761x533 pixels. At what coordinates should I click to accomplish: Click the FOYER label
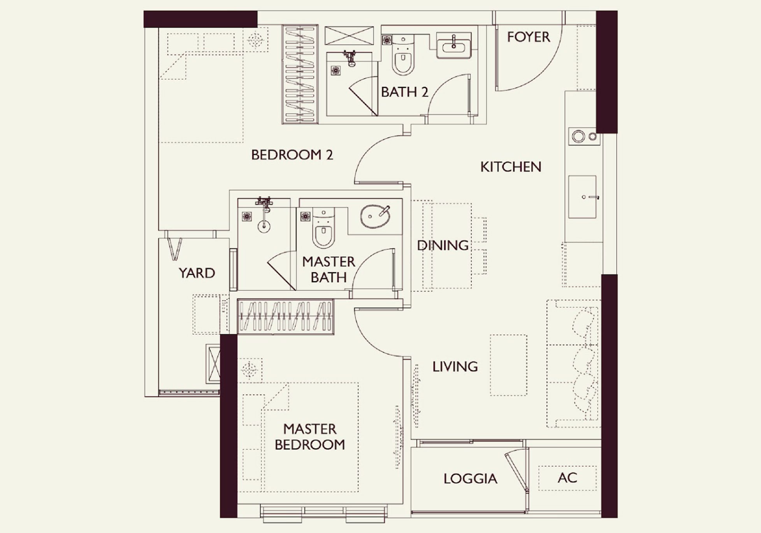(528, 37)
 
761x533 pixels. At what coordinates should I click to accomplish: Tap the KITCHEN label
(511, 167)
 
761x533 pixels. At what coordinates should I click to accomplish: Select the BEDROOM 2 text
(292, 155)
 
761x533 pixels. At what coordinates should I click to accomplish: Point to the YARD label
(197, 273)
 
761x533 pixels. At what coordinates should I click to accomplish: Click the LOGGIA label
(470, 478)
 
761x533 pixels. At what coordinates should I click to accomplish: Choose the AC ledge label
(567, 478)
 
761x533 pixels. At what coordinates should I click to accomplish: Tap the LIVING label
(455, 366)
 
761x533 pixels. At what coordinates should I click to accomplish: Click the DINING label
(443, 245)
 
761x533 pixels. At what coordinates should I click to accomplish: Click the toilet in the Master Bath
(323, 228)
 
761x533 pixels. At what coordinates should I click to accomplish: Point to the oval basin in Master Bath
(375, 216)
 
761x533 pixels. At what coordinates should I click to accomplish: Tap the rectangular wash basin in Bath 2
(454, 46)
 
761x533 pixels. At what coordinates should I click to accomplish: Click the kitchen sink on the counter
(582, 197)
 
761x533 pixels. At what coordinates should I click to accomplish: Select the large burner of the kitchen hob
(578, 137)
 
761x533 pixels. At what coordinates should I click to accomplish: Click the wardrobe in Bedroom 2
(300, 74)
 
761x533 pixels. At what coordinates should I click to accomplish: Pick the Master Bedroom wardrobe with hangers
(285, 316)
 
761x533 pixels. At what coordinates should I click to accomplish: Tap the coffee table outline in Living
(508, 365)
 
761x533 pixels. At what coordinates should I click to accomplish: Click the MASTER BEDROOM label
(310, 437)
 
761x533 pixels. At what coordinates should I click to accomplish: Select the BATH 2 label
(404, 92)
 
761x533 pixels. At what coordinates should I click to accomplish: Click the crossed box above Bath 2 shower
(349, 36)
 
